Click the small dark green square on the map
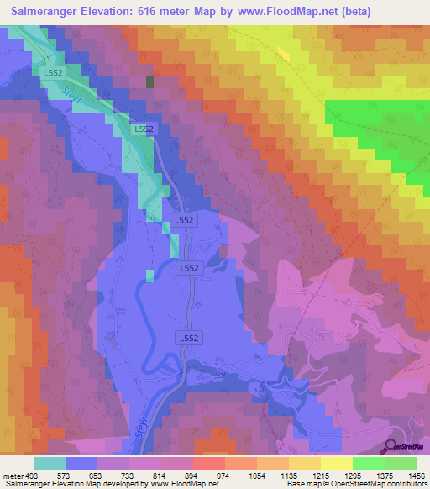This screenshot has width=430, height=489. click(x=150, y=81)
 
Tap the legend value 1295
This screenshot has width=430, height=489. click(x=353, y=474)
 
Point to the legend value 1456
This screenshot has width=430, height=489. click(x=417, y=474)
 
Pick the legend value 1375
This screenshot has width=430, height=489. click(x=385, y=474)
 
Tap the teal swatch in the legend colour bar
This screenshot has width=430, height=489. click(x=50, y=463)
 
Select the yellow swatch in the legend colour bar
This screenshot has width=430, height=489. click(x=336, y=463)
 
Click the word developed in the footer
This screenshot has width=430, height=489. click(x=117, y=484)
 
